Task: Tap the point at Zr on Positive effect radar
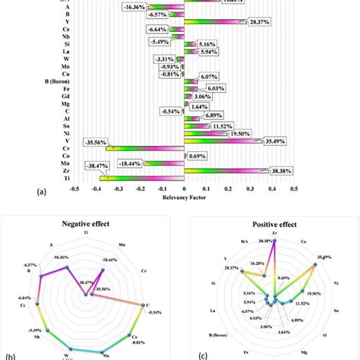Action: tap(274, 242)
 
